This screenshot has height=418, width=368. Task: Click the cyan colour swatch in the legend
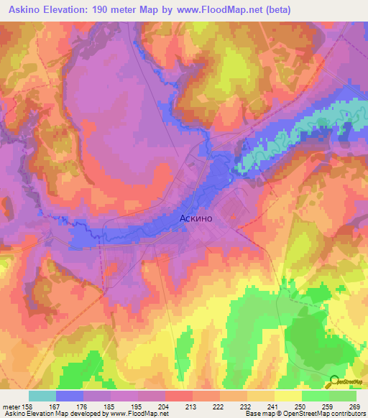(x=42, y=396)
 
